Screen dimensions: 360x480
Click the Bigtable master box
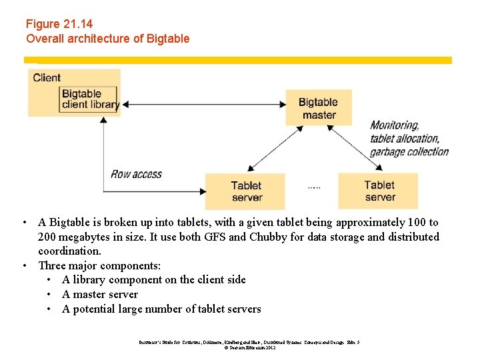(318, 108)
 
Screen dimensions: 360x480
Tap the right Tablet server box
(378, 191)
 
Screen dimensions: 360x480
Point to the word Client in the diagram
(47, 77)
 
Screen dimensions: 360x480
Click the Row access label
(136, 174)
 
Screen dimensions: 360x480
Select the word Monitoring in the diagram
(394, 125)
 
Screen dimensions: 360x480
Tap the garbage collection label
(409, 151)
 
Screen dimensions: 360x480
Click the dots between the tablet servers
(314, 188)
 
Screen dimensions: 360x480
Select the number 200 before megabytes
(49, 237)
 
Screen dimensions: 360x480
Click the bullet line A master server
(100, 294)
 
